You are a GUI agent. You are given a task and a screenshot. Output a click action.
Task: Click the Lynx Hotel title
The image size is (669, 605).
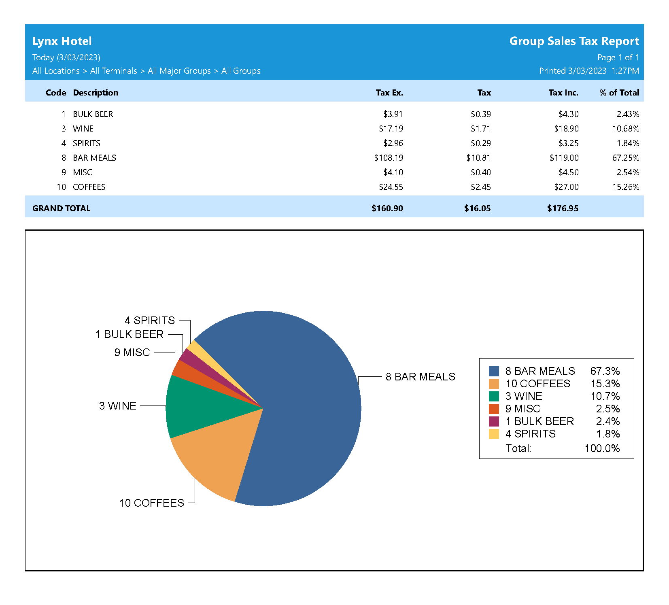[x=62, y=41]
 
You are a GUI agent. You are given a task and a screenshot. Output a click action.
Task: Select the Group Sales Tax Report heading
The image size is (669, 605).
[x=574, y=41]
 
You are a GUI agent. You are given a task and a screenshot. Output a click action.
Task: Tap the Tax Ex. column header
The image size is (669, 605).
[x=389, y=93]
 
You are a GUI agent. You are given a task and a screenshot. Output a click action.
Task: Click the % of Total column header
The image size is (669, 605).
[x=619, y=93]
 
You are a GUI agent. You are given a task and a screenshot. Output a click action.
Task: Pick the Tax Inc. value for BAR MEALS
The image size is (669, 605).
[x=564, y=158]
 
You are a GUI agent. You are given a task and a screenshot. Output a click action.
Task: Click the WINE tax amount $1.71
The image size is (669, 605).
[x=480, y=129]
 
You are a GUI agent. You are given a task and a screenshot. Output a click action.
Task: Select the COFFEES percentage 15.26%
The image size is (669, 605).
[x=625, y=187]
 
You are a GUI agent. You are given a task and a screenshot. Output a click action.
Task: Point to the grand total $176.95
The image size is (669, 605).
[x=563, y=208]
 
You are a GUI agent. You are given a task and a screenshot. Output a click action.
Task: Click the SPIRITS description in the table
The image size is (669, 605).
[x=87, y=143]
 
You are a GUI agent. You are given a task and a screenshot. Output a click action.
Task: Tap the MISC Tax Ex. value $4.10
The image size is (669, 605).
[x=393, y=172]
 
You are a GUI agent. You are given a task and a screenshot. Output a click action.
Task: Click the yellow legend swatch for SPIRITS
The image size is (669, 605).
[x=494, y=434]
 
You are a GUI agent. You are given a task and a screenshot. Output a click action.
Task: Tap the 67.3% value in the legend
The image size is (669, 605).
[x=605, y=371]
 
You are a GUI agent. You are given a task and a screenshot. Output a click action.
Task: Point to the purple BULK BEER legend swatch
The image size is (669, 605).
[x=494, y=421]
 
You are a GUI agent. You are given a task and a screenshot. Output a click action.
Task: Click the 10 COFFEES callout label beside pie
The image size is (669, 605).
[x=151, y=503]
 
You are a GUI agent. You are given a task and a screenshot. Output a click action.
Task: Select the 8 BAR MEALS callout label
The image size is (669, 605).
[x=420, y=377]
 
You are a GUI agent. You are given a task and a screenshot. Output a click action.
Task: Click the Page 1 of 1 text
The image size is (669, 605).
[x=618, y=57]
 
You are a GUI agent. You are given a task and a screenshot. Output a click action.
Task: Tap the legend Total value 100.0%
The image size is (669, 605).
[x=602, y=448]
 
